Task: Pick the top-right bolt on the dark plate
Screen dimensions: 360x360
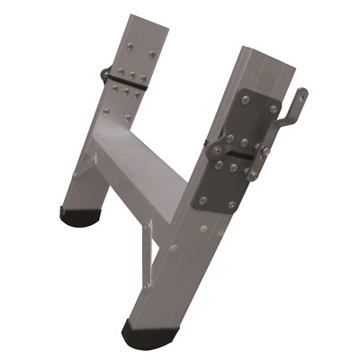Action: pos(273,109)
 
